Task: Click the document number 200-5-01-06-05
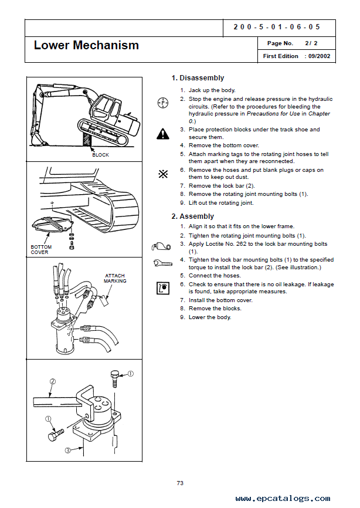point(277,27)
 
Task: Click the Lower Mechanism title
point(86,45)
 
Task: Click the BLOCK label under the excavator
point(100,155)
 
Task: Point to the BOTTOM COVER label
point(40,250)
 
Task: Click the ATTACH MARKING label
point(115,278)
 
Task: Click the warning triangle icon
point(162,134)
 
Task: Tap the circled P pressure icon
point(162,103)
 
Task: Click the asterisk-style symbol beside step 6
point(162,174)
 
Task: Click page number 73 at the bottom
point(180,483)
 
